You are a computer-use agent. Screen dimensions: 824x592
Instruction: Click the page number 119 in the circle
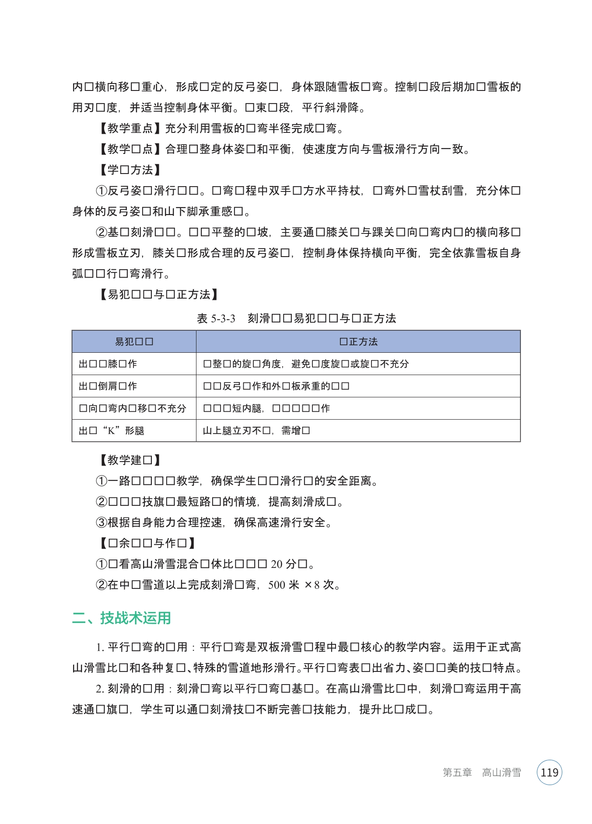click(x=549, y=772)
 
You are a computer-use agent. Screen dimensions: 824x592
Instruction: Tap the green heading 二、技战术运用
click(x=121, y=618)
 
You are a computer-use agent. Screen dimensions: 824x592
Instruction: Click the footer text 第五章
click(x=457, y=772)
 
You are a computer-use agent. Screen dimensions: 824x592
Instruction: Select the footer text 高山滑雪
click(x=501, y=772)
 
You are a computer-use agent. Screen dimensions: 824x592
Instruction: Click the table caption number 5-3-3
click(x=223, y=318)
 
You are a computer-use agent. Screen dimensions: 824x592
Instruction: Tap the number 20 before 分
click(x=277, y=564)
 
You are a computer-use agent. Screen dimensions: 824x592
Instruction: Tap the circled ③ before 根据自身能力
click(x=101, y=522)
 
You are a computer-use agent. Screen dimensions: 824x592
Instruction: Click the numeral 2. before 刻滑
click(x=100, y=689)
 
